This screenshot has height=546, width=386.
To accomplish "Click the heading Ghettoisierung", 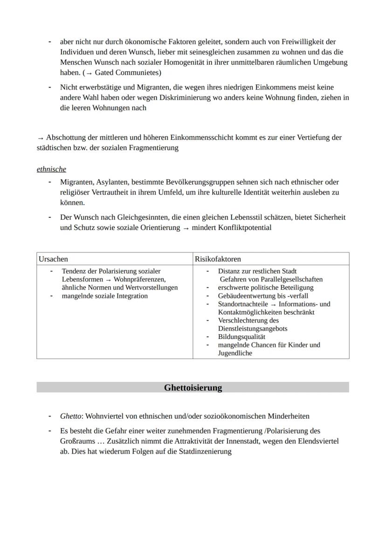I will [193, 387].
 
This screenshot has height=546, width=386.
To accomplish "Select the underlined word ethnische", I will [51, 169].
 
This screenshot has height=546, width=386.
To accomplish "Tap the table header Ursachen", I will [53, 259].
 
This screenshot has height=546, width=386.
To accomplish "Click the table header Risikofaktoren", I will [218, 259].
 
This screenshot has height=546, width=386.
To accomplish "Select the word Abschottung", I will [65, 138].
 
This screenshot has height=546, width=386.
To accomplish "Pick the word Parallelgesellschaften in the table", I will [289, 279].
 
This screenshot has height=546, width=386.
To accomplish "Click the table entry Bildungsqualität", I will [241, 337].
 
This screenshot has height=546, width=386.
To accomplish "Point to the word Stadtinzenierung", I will [205, 451].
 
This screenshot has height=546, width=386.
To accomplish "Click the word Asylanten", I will [110, 182].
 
